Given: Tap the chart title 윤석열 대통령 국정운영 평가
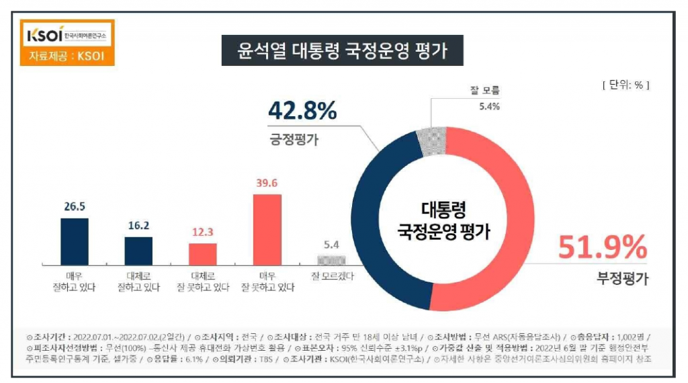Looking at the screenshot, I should [343, 51].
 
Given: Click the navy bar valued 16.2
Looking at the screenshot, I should [138, 251].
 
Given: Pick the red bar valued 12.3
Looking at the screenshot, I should [203, 254].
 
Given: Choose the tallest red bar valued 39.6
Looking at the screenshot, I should [267, 229].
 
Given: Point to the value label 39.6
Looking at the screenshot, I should [267, 184].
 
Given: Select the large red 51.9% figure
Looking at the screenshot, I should [601, 248].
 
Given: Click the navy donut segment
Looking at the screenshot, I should [380, 222].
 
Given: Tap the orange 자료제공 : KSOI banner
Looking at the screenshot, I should [67, 55].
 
